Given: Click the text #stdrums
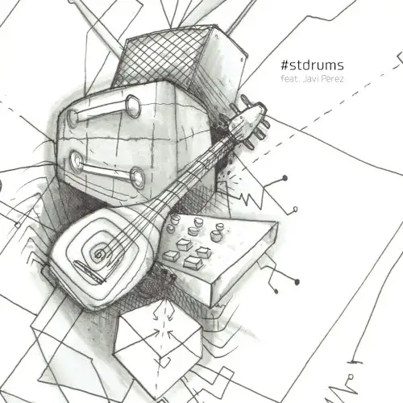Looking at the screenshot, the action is click(313, 65).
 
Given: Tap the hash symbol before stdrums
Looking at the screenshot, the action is click(285, 65).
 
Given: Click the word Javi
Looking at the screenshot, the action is click(310, 79).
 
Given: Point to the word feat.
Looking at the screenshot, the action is click(290, 79).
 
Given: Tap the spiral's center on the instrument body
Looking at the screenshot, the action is click(98, 253).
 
